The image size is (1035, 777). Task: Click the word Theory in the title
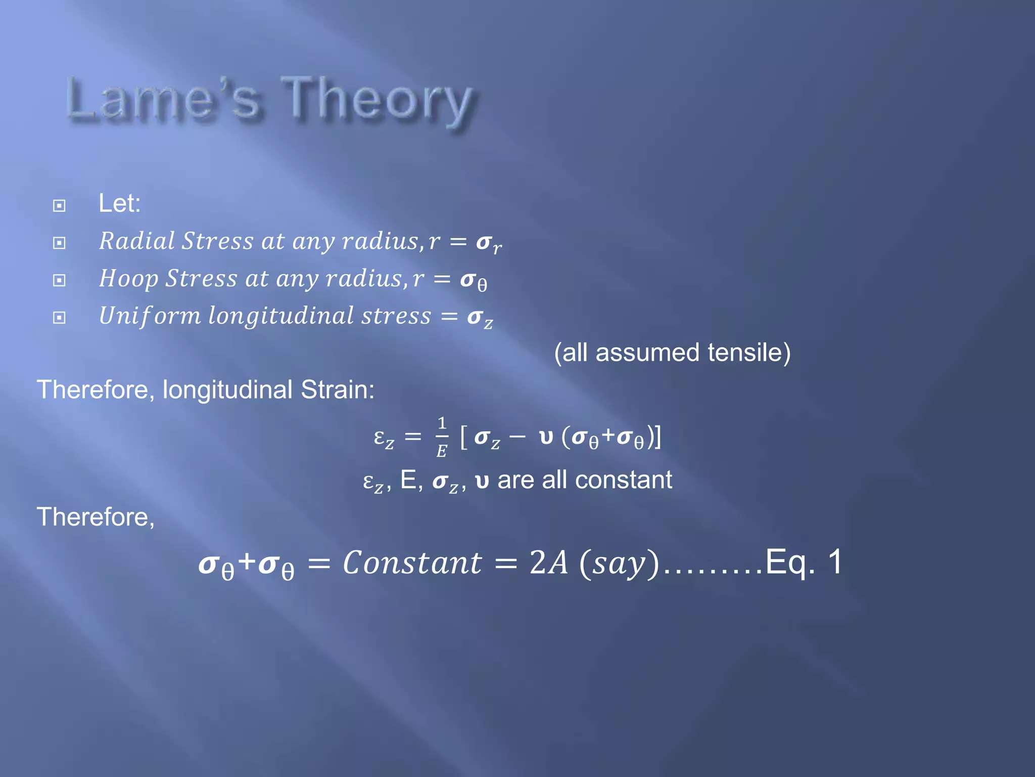377,100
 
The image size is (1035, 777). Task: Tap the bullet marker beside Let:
59,205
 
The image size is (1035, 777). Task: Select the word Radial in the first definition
136,241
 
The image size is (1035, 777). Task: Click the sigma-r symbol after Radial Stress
488,243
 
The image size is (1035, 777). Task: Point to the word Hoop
129,279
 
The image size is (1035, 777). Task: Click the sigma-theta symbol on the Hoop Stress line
473,281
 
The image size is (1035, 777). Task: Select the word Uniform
150,316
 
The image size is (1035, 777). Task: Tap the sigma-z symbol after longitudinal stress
479,318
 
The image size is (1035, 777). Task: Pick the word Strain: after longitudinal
338,390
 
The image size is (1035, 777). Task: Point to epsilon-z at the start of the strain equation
384,438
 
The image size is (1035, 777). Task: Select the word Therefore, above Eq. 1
96,517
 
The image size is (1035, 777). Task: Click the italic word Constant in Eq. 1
412,563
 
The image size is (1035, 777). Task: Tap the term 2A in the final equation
548,563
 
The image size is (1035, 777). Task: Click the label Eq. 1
803,562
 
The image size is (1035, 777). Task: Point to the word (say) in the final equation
620,564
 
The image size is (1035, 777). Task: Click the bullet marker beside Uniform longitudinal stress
59,317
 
